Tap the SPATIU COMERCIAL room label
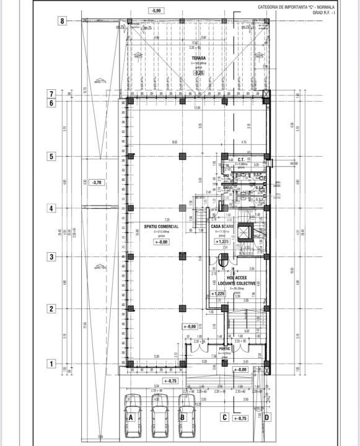(161, 227)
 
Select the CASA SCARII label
(222, 227)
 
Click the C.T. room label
(240, 159)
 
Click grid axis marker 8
(62, 20)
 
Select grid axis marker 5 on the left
(52, 157)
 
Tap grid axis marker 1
(52, 364)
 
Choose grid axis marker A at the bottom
(131, 417)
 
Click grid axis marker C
(225, 417)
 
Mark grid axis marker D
(266, 417)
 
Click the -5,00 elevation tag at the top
(156, 11)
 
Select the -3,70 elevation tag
(96, 183)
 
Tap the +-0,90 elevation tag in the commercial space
(160, 242)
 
